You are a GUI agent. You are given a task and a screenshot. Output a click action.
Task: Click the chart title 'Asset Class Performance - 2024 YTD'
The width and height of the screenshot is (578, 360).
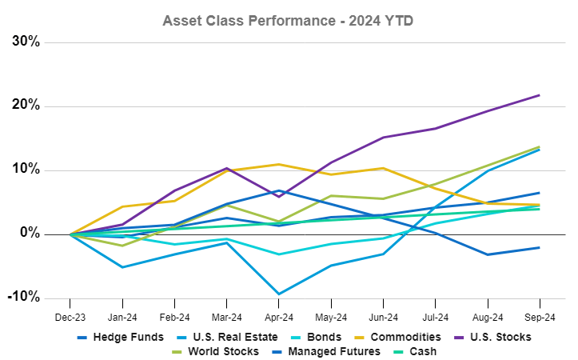click(x=289, y=19)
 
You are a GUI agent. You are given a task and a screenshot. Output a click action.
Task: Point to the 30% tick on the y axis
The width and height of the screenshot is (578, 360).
click(x=26, y=42)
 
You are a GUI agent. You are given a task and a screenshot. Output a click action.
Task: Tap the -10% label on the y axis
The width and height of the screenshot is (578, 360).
click(x=24, y=298)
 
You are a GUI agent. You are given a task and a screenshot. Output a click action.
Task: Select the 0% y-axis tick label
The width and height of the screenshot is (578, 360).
click(x=30, y=234)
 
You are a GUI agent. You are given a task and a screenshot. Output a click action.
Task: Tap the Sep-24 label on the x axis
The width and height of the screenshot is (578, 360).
click(x=538, y=317)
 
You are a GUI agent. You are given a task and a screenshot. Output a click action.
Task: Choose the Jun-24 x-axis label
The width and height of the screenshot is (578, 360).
click(x=382, y=317)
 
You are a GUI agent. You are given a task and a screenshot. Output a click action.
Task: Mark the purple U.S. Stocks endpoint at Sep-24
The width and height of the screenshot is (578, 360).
click(x=538, y=95)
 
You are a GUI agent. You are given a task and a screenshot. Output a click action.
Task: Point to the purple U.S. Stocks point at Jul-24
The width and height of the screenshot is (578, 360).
click(x=434, y=129)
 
